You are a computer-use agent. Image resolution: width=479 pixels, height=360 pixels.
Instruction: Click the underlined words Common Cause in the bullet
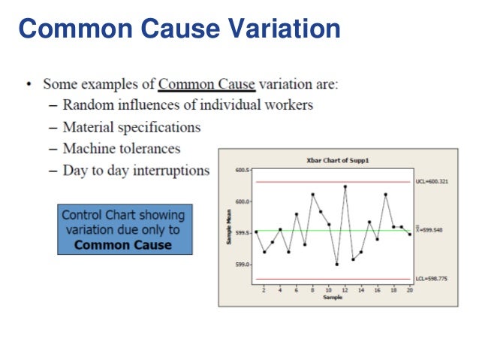(206, 84)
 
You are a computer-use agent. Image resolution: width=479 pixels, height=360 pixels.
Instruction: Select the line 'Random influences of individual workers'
(188, 104)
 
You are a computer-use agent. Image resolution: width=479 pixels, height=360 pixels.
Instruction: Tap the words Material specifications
(131, 127)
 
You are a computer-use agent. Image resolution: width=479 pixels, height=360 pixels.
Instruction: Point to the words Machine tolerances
(121, 149)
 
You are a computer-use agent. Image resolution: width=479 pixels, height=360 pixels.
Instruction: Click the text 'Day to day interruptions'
(136, 171)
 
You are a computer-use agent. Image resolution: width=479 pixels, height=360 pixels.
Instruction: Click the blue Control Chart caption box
(122, 228)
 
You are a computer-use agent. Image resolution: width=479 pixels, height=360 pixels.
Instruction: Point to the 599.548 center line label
(430, 230)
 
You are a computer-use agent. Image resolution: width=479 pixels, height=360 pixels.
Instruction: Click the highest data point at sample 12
(345, 186)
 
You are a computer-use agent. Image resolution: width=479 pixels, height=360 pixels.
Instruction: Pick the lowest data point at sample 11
(337, 265)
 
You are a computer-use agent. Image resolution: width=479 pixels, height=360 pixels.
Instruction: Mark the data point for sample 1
(256, 232)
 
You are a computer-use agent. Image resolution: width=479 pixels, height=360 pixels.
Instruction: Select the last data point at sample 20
(409, 234)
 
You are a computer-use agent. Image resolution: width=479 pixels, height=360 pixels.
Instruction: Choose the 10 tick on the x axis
(329, 289)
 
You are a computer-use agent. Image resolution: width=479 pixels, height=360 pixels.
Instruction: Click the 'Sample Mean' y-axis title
(229, 226)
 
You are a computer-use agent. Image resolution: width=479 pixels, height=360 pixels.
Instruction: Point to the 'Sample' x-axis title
(333, 298)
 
